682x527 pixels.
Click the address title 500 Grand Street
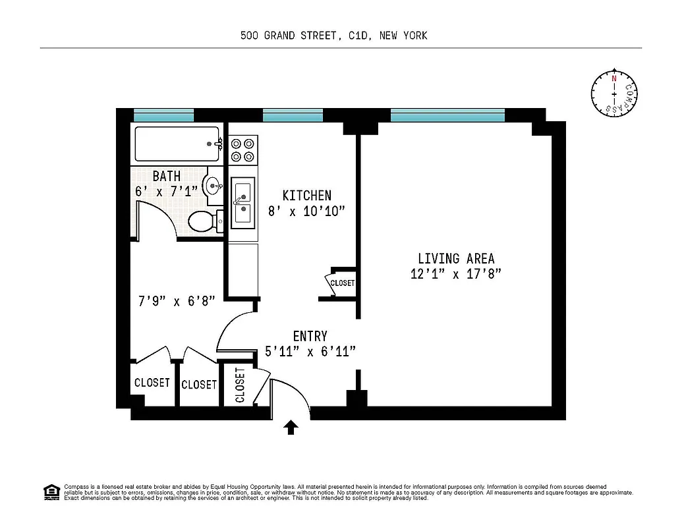334,36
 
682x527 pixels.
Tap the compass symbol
614,94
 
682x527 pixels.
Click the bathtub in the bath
177,144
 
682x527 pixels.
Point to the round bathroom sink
213,185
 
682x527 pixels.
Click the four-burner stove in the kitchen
242,150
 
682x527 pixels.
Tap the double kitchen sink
242,203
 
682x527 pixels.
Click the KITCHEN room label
306,196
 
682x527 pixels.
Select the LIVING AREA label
456,258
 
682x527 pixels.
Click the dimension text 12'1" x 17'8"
456,274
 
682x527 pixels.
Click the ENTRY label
310,337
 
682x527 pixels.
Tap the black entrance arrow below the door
291,428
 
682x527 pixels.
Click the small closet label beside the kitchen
342,283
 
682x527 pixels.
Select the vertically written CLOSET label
240,385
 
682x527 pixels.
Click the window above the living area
447,116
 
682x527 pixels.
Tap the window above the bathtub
163,116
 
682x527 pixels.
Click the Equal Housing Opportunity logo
51,492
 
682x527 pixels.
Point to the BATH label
166,177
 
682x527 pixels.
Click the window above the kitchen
293,116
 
